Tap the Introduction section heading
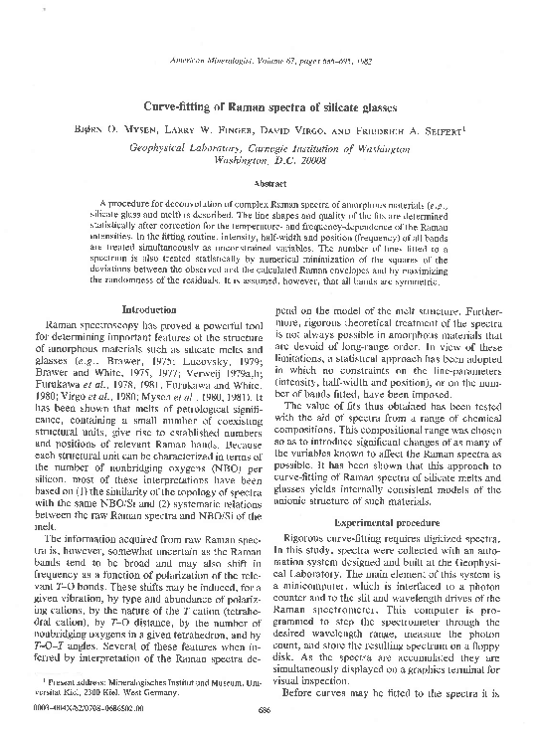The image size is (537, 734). coord(148,310)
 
